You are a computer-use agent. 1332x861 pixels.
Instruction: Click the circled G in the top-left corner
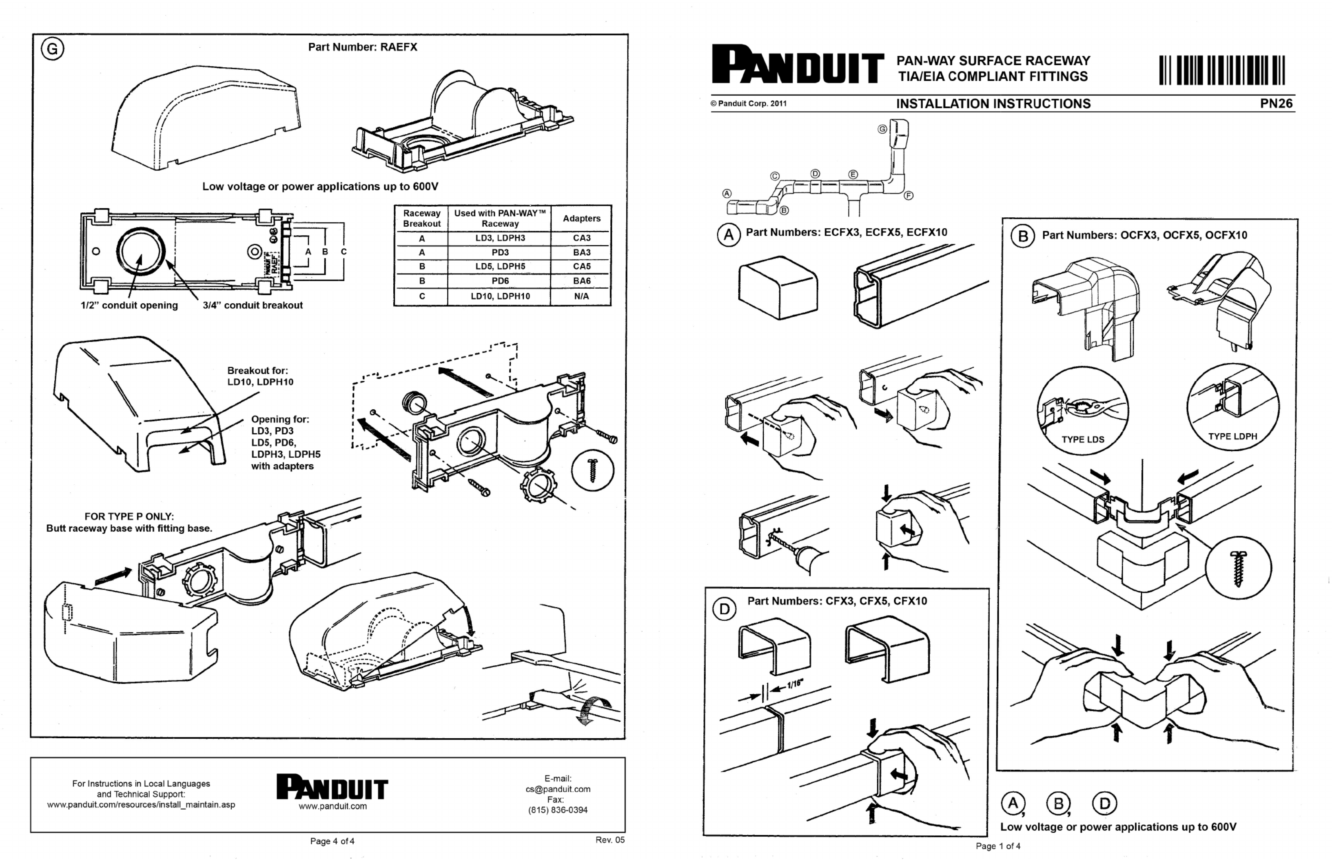pos(52,49)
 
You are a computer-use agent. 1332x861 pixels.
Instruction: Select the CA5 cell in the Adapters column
pos(581,267)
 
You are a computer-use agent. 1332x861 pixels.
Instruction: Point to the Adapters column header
pos(581,219)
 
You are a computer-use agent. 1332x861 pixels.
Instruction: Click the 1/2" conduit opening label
pos(129,305)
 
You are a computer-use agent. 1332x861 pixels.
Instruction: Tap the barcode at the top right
pos(1222,71)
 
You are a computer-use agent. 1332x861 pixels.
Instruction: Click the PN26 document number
pos(1276,104)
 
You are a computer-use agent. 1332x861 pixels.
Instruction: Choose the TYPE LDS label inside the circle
pos(1082,439)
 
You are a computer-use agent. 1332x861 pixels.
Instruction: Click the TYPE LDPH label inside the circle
pos(1232,437)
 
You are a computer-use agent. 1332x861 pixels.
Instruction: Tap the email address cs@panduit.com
pos(558,789)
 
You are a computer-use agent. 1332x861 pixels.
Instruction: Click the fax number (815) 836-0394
pos(558,810)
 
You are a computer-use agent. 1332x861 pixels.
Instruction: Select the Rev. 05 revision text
pos(610,840)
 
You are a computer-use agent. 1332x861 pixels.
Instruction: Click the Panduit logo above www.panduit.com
pos(332,787)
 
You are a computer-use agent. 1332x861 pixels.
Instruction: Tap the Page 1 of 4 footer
pos(997,846)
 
